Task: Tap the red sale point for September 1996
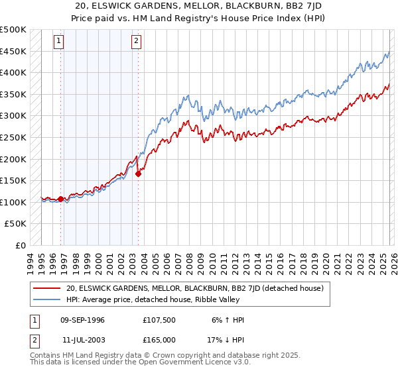point(60,199)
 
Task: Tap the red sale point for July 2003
point(138,174)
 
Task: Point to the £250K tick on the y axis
point(13,137)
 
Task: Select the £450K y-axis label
point(13,51)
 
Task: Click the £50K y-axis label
point(16,224)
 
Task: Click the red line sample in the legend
point(46,288)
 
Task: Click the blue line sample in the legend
point(46,299)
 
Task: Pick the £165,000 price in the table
point(159,339)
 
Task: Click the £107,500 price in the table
point(159,320)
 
